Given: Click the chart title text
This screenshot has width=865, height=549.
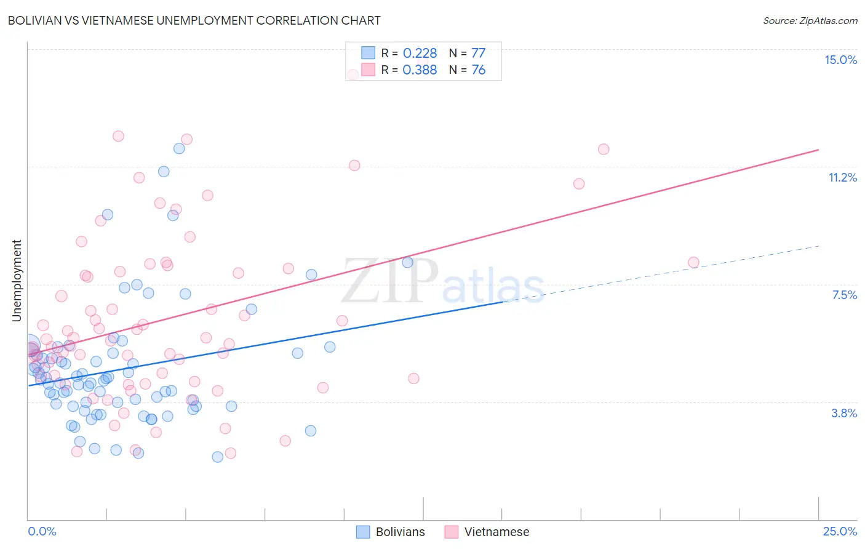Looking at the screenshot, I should [x=194, y=20].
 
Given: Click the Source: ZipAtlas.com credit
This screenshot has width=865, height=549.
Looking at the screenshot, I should [x=810, y=20].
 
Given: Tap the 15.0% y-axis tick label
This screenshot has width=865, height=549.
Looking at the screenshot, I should [x=840, y=60].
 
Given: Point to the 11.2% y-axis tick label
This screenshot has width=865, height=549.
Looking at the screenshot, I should [x=842, y=177].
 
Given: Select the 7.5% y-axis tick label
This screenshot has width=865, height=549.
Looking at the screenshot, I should [x=844, y=295].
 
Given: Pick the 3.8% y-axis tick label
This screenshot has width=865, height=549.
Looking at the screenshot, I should [x=844, y=413].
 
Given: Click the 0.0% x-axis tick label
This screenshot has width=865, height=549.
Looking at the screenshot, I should [x=42, y=531].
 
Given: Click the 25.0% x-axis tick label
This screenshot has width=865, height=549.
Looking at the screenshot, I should [x=840, y=531].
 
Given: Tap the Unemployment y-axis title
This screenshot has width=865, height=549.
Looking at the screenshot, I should [x=17, y=281].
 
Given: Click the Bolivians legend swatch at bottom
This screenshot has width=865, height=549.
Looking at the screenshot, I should [x=363, y=532].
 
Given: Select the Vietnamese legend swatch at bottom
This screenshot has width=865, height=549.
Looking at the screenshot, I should [x=452, y=532].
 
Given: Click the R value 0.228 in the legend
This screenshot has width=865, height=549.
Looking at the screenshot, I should [x=420, y=54].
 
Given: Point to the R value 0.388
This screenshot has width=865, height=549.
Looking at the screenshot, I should [x=420, y=70].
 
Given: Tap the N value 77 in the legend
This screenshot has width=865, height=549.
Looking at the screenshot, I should [x=478, y=54].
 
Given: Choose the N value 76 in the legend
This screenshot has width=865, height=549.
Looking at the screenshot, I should [x=478, y=70].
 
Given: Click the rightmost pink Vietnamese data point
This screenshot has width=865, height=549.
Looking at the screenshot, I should [x=693, y=262].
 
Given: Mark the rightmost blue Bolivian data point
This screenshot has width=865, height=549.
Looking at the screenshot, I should [x=407, y=262].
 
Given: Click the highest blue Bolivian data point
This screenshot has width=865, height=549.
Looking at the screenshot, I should [x=179, y=148].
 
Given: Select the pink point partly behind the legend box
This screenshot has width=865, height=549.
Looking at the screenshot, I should [x=353, y=74].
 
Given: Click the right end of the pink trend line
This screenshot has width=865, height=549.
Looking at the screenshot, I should [x=818, y=150].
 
